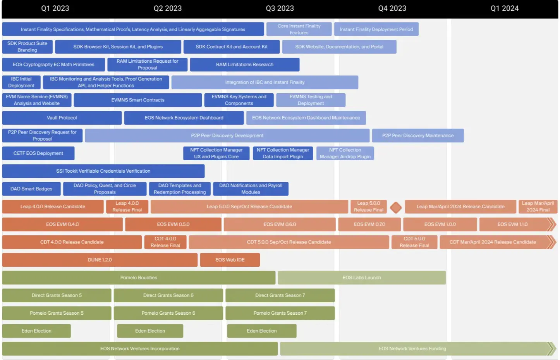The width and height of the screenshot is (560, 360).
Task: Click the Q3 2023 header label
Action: point(280,8)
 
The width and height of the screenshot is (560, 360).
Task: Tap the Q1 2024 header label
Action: point(505,8)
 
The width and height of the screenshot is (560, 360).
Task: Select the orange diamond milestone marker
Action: point(396,207)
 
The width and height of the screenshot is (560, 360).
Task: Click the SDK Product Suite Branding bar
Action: point(27,47)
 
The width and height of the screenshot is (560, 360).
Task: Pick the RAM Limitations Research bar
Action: point(244,65)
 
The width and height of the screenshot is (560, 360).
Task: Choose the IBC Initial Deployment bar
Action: point(21,82)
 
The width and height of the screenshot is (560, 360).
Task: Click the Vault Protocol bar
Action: point(62,118)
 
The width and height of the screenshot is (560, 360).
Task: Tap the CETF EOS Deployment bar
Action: point(38,153)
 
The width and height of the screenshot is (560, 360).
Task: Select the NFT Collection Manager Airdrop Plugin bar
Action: point(345,153)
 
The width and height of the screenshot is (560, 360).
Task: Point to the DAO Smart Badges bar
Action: point(31,189)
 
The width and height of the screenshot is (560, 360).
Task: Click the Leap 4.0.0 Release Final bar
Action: point(127,207)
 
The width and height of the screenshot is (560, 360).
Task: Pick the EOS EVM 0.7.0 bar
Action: point(369,225)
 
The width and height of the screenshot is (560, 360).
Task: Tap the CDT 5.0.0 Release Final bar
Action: point(414,242)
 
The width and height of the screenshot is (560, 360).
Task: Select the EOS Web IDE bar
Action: point(230,260)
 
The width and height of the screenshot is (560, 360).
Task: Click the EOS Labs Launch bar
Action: point(362,278)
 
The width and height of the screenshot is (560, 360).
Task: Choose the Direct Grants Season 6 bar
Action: point(168,295)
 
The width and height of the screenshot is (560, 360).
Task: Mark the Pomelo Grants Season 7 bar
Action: point(280,313)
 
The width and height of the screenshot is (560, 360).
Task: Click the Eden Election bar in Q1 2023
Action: point(36,331)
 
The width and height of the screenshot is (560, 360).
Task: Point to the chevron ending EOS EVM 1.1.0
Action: point(551,225)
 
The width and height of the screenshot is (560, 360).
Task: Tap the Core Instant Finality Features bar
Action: point(299,29)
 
